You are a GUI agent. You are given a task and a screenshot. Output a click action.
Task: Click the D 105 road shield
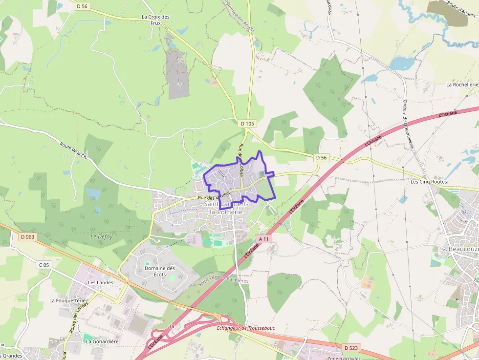click(248, 124)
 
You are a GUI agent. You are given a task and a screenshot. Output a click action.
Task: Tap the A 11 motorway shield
click(263, 239)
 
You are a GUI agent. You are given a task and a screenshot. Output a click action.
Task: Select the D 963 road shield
click(28, 237)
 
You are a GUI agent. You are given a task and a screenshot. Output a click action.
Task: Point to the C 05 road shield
click(44, 265)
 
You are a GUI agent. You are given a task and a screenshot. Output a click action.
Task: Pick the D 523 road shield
click(350, 347)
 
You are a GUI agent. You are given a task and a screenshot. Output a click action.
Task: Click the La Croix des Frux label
click(155, 20)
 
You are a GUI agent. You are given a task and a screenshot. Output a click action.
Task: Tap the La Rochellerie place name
click(462, 85)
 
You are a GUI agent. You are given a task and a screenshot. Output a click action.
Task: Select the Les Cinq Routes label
click(429, 182)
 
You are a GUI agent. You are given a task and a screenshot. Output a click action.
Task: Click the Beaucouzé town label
click(463, 249)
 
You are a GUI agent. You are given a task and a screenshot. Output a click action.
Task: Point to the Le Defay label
click(102, 236)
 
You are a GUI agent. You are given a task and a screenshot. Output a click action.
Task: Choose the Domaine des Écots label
click(160, 271)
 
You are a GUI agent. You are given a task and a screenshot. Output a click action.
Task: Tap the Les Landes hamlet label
click(101, 282)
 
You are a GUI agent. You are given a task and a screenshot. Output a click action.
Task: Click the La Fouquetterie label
click(67, 300)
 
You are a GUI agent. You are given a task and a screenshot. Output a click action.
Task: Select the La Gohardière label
click(102, 341)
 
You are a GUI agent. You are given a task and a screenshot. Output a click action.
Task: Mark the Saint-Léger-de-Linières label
click(223, 282)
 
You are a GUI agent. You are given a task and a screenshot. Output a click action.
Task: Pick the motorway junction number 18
click(172, 326)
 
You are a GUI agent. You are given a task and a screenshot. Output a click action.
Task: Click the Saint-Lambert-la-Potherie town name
click(225, 208)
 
